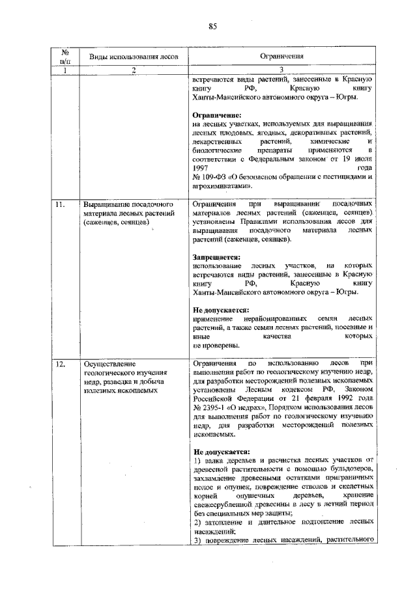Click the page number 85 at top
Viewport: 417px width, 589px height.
[212, 26]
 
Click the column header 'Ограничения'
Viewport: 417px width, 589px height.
[283, 57]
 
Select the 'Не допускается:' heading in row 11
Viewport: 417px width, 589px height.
[221, 310]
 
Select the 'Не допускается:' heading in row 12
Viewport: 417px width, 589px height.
[221, 452]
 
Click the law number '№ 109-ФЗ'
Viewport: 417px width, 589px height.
[209, 176]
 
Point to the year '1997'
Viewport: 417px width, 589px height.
[202, 167]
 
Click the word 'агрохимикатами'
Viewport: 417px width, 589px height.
[221, 185]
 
